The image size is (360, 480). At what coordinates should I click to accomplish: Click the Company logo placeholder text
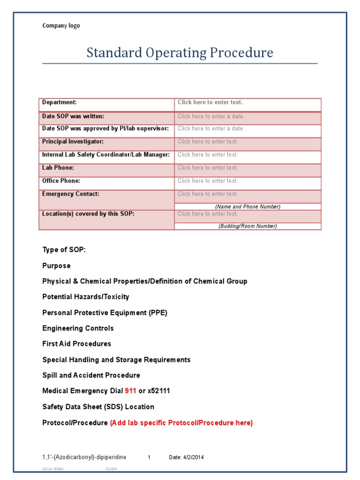click(61, 26)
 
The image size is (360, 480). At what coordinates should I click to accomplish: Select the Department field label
click(60, 102)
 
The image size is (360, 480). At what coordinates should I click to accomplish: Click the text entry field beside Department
click(210, 102)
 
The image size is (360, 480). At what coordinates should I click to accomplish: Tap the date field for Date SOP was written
click(211, 116)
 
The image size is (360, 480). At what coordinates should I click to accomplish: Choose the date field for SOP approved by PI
click(211, 128)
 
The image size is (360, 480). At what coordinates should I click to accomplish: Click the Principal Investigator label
click(73, 142)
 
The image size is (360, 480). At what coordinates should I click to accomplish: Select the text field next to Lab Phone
click(208, 168)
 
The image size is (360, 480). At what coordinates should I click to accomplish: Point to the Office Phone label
click(61, 181)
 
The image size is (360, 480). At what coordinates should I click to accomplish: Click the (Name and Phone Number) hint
click(247, 207)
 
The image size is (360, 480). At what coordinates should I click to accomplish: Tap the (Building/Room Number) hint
click(247, 226)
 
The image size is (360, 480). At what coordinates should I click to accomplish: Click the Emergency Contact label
click(70, 194)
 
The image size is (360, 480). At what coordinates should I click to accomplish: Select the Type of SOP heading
click(64, 250)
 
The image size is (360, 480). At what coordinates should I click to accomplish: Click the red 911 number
click(130, 391)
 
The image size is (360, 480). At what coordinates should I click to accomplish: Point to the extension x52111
click(159, 391)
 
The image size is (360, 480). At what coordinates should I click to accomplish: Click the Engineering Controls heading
click(78, 328)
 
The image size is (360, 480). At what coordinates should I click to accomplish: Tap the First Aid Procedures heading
click(76, 344)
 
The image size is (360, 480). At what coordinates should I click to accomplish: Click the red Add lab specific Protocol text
click(181, 423)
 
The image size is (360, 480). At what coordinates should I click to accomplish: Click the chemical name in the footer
click(84, 457)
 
